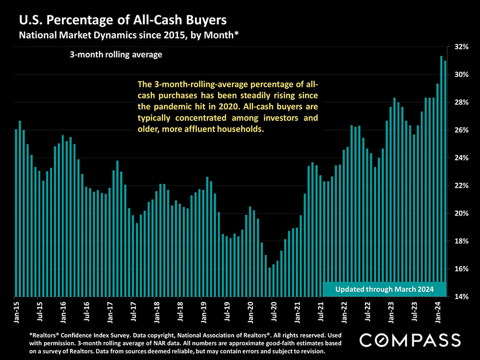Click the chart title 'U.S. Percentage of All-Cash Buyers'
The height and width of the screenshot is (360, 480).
point(122,21)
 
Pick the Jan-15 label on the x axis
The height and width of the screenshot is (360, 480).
point(16,311)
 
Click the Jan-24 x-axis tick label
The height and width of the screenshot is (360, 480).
point(437,311)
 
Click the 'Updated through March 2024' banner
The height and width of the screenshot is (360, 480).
point(384,289)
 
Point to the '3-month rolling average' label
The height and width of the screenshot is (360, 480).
point(116,55)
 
